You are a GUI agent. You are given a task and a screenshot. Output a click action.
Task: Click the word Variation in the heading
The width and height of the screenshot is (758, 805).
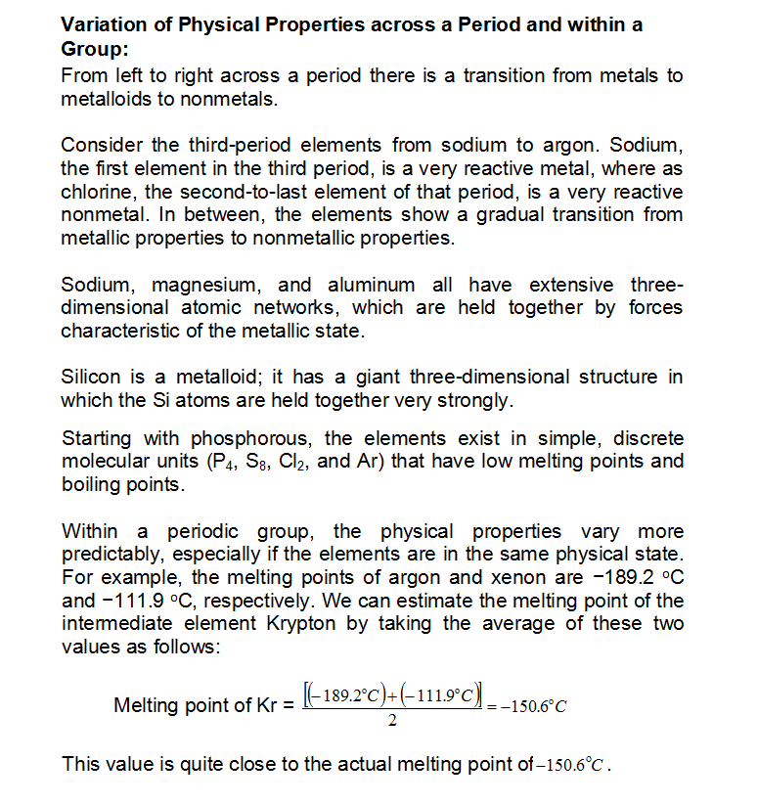click(x=105, y=25)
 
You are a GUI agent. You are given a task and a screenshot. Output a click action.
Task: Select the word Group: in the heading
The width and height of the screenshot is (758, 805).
click(x=93, y=49)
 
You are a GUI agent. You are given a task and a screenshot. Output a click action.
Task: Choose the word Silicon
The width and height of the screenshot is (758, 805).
click(x=91, y=377)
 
